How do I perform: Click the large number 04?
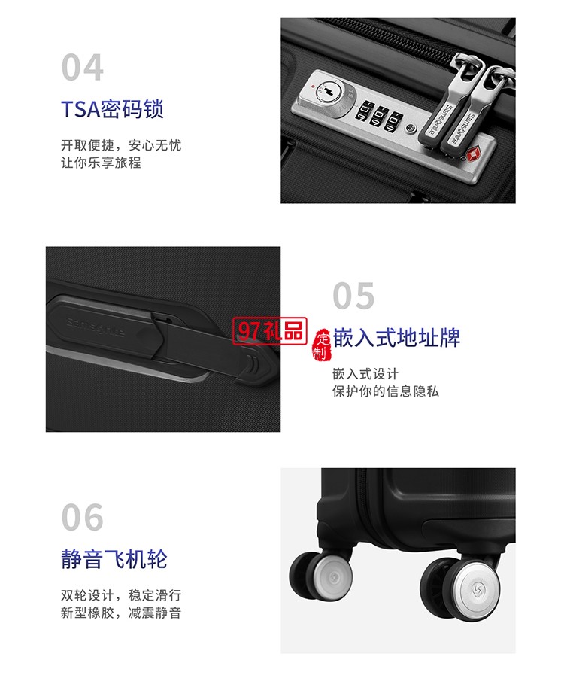(82, 68)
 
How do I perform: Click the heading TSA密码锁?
(112, 110)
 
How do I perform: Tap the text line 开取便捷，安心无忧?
(121, 145)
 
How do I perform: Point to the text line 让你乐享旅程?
(101, 162)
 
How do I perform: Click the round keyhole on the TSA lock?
(328, 93)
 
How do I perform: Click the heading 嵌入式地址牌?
(396, 337)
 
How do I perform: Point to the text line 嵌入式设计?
(365, 374)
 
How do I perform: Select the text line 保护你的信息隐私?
(386, 391)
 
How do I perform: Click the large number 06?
(82, 518)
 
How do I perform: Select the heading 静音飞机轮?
(114, 559)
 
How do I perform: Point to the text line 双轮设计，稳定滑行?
(121, 595)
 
